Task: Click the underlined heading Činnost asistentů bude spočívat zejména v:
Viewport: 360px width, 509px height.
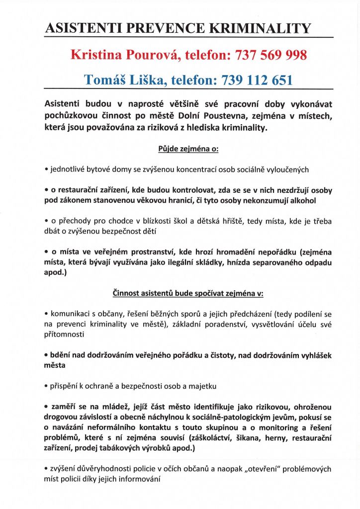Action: (x=187, y=293)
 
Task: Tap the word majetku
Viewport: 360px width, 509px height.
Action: (x=202, y=386)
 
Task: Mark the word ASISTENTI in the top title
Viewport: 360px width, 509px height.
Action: (x=82, y=29)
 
